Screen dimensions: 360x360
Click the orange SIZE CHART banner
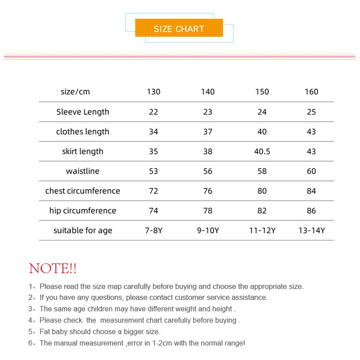pos(179,28)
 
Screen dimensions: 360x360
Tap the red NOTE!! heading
pos(53,269)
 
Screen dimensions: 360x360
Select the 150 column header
pos(262,92)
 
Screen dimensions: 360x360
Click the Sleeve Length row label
pos(83,112)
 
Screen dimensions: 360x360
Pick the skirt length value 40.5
pos(262,151)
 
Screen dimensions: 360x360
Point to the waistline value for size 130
pos(153,171)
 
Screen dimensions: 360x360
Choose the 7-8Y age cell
pos(153,231)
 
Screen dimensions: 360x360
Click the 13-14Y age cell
pos(311,231)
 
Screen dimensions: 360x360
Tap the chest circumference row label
pos(83,191)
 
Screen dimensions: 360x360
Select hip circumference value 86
pos(311,211)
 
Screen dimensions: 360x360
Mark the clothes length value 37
pos(208,132)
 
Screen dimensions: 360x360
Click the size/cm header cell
pos(76,92)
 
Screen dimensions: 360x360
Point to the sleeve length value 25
pos(311,112)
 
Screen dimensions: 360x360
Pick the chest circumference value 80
pos(262,191)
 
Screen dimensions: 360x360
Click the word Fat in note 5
pos(45,332)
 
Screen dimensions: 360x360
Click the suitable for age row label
pos(83,231)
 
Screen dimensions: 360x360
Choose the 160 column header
pos(311,92)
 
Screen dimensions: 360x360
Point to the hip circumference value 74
pos(153,211)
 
